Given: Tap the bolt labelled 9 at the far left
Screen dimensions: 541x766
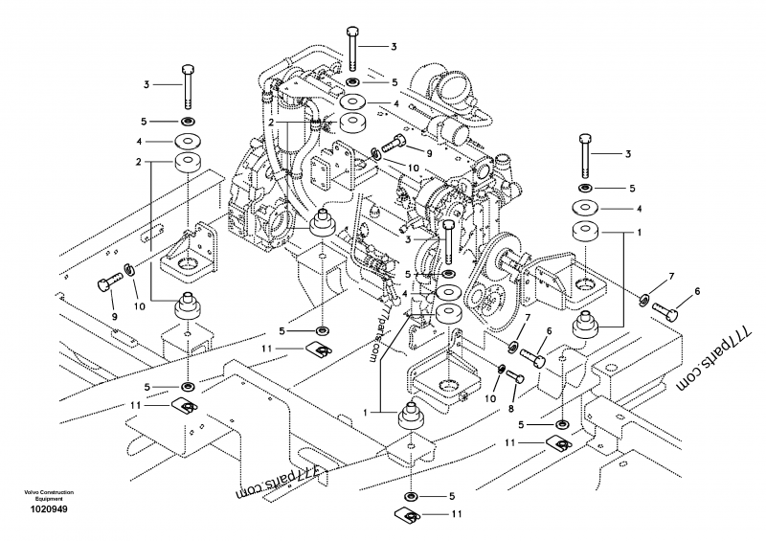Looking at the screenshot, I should click(108, 281).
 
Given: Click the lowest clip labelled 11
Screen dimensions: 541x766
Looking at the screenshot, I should click(411, 517).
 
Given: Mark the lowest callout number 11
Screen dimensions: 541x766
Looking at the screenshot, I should click(457, 514).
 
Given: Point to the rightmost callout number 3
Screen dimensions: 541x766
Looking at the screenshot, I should click(627, 153).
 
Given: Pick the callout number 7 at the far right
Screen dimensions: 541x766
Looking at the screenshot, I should click(671, 277).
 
